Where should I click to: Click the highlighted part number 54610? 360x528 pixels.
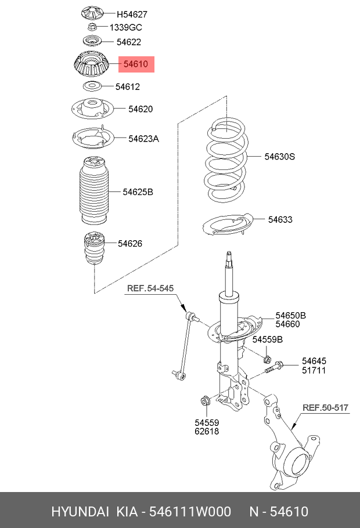coord(136,64)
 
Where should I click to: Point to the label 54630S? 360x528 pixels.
coord(280,156)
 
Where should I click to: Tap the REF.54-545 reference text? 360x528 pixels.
coord(150,288)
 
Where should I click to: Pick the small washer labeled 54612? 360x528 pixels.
coord(91,86)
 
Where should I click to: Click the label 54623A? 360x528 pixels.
coord(143,138)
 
